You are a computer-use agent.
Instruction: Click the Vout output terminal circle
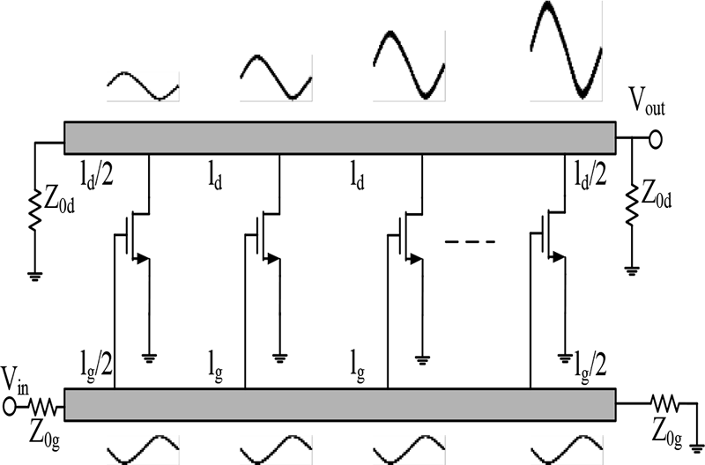click(656, 138)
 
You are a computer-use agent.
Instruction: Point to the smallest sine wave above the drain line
click(143, 86)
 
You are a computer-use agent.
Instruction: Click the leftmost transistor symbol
click(133, 236)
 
